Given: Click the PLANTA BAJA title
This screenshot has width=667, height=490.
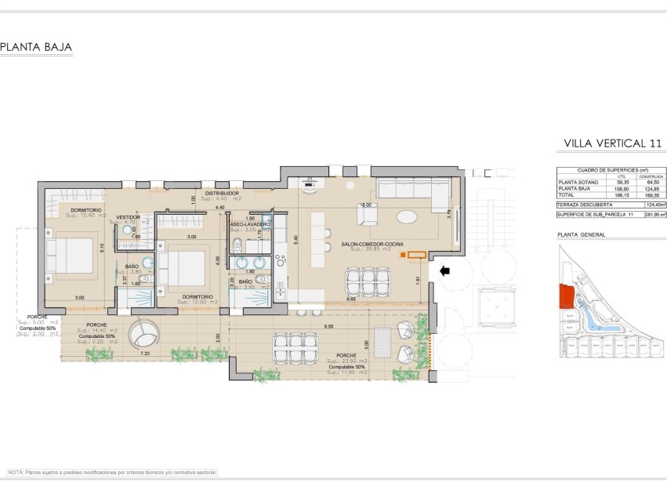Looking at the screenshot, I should point(36,48).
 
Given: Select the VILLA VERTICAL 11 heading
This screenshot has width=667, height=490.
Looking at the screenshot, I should point(613,143).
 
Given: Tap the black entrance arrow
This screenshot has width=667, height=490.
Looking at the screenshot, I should point(445,271).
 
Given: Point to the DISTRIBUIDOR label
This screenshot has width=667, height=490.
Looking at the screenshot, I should point(222,193).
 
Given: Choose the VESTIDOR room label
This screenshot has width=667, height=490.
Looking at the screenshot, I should point(128,217).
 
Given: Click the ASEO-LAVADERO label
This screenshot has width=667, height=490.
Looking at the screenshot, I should point(250,224).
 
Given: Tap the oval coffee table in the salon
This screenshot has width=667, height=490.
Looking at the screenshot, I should point(408,216).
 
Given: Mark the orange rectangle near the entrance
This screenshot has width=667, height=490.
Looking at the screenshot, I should point(416,254).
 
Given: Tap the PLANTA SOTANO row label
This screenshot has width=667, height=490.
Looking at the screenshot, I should point(575,182).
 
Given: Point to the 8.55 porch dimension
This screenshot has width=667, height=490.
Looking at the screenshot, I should point(330,325).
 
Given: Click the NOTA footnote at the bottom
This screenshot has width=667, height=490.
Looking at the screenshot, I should point(111,473).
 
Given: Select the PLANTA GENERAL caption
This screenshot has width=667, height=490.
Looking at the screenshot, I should point(581,234).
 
